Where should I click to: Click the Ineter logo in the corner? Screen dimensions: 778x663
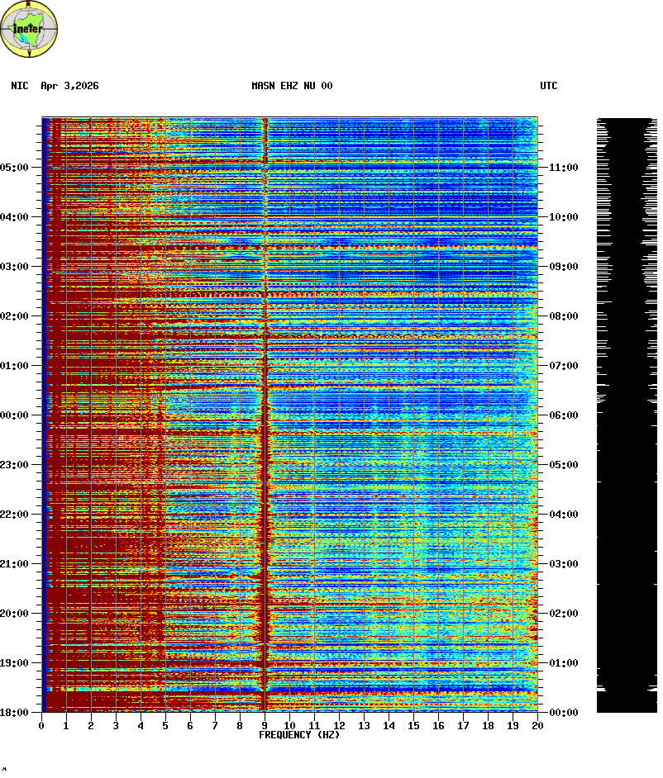[30, 30]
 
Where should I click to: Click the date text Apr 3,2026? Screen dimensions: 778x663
[69, 86]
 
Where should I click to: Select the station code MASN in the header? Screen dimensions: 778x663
[263, 86]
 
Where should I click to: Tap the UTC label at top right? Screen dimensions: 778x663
[549, 86]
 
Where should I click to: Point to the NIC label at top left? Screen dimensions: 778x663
[20, 86]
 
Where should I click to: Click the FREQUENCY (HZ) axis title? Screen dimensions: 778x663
[299, 735]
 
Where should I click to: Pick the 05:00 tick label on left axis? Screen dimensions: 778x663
[14, 168]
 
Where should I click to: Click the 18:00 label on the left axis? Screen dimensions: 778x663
[14, 712]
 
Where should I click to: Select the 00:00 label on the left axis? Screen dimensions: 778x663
[14, 415]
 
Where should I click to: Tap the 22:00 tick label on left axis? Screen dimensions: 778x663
[14, 515]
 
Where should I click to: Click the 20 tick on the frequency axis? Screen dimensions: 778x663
[537, 725]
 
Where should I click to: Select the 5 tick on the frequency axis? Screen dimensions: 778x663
[165, 725]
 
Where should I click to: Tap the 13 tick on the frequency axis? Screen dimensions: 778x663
[364, 725]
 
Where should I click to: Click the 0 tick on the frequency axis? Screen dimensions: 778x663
[41, 725]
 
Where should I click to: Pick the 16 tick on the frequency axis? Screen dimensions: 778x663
[438, 725]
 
